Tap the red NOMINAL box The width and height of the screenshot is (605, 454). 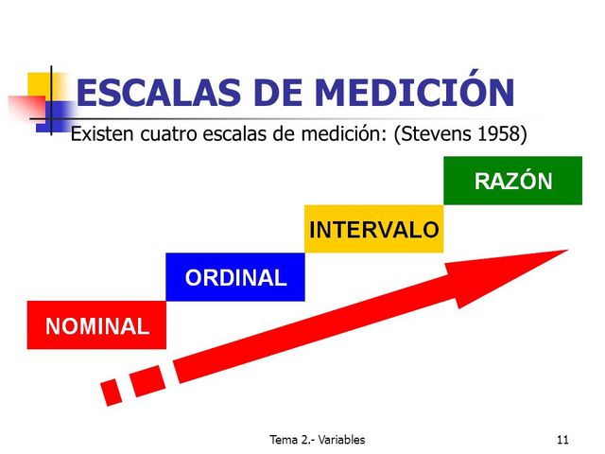(96, 325)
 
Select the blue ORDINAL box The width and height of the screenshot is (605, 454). (234, 277)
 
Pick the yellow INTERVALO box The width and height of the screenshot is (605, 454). (374, 229)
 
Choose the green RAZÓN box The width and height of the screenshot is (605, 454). (512, 181)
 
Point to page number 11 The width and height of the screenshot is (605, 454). (562, 440)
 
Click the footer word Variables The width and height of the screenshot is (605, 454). (341, 440)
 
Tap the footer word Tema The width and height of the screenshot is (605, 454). (284, 440)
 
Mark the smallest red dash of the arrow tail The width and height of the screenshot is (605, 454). (112, 390)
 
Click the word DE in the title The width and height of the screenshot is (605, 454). (282, 94)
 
